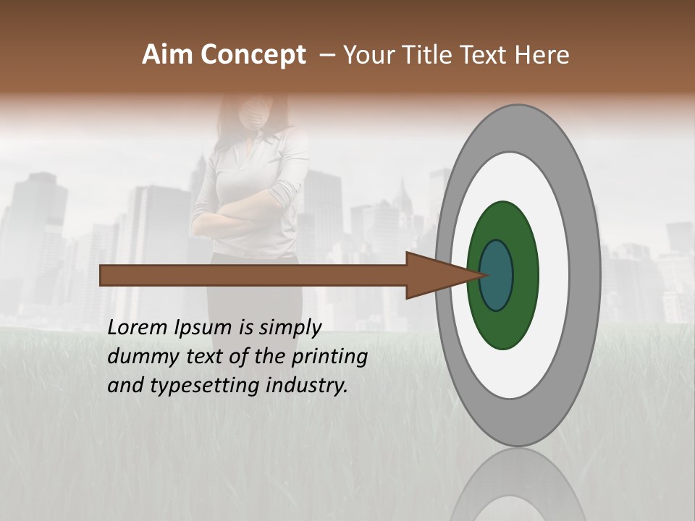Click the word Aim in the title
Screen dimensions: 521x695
(168, 55)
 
